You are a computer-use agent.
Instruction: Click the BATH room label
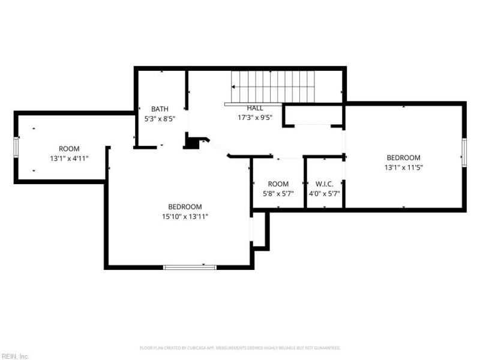160,109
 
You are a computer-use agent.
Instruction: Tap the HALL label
255,108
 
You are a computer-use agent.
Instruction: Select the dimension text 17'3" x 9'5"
255,118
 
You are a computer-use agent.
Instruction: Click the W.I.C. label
324,184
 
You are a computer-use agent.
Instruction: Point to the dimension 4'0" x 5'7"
324,194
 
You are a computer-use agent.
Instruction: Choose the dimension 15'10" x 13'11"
184,216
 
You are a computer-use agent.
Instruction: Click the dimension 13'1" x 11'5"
403,167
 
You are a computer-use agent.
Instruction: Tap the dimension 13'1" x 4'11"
68,158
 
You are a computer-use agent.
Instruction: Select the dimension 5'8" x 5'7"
278,194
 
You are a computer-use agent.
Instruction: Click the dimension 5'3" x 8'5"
160,119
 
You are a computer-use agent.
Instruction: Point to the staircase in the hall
273,87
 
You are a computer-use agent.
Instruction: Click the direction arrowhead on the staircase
234,87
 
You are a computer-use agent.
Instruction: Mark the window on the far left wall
16,146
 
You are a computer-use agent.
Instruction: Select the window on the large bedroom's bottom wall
190,267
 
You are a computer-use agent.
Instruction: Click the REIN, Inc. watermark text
14,356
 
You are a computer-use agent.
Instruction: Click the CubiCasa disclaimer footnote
240,348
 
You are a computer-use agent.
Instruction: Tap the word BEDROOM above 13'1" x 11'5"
403,158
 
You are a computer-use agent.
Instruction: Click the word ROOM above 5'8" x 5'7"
278,184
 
